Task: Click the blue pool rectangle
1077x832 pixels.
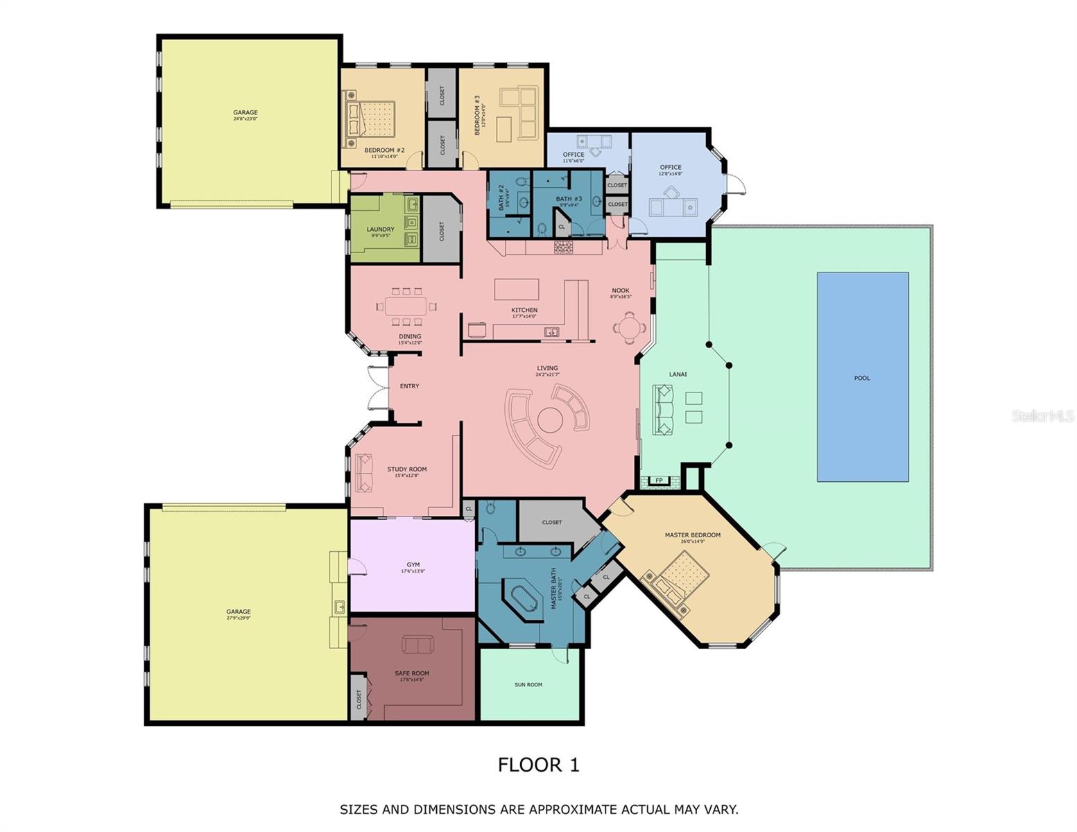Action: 862,376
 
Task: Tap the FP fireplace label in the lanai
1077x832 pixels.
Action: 659,480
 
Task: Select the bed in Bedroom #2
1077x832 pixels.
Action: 372,119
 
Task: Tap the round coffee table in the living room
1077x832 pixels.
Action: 549,419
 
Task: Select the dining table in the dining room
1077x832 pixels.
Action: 406,306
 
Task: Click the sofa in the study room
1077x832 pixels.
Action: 363,472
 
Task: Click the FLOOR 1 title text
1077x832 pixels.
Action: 538,765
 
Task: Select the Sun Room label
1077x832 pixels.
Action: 528,684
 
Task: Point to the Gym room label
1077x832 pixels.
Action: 413,565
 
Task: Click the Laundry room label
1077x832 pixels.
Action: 380,229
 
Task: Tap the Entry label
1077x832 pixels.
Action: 409,386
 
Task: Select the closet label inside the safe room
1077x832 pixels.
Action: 359,700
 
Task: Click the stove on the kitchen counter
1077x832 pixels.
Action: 563,247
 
